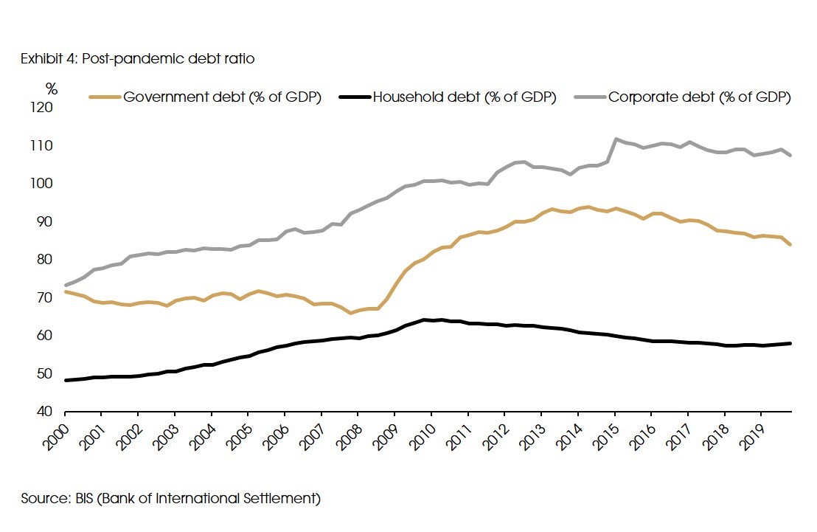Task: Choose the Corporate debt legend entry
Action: [699, 97]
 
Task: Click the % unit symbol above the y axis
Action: [51, 89]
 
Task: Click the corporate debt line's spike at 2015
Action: [616, 139]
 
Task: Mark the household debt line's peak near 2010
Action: [424, 319]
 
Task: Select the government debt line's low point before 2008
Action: [351, 313]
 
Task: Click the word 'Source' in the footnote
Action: [43, 499]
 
